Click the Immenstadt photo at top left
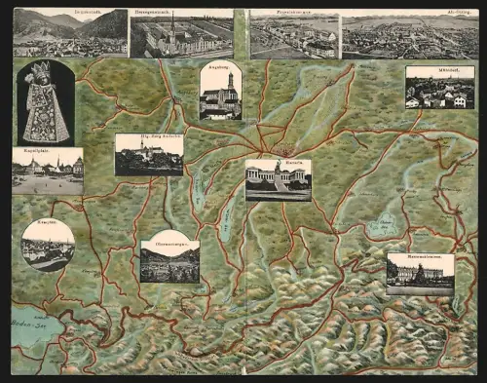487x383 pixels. coord(69,34)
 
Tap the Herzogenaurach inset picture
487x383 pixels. coord(181,36)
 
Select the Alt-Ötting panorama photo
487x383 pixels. coord(408,36)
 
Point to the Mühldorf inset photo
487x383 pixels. coord(439,89)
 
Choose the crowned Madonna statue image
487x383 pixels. coord(45,103)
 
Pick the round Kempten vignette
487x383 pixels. coord(48,245)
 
